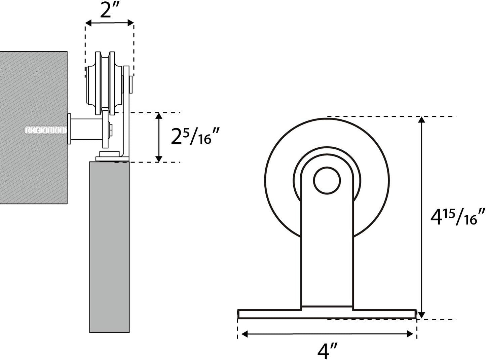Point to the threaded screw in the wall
[x=45, y=129]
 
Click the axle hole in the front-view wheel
[x=327, y=180]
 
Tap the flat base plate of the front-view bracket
[x=327, y=314]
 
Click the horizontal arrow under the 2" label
[x=109, y=23]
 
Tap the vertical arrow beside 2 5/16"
[x=159, y=137]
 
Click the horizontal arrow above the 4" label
[x=327, y=334]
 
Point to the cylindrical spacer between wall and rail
[x=86, y=129]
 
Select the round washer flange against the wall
[x=69, y=129]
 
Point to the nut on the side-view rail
[x=110, y=129]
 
